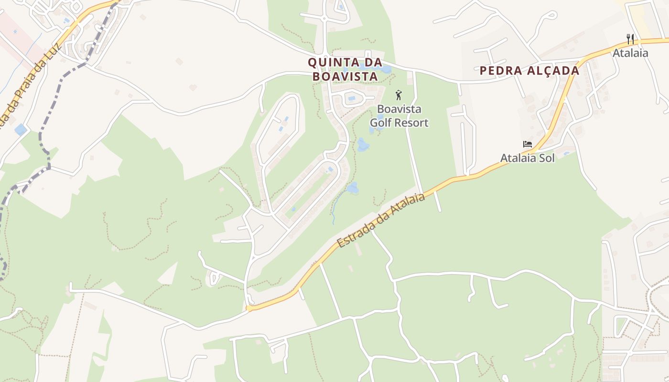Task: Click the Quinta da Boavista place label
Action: pos(345,69)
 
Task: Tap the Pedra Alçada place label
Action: pos(529,71)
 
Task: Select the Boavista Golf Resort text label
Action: pos(399,116)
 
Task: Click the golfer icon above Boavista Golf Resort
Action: pos(399,95)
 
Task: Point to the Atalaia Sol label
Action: pos(528,158)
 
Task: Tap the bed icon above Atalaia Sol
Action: pos(528,144)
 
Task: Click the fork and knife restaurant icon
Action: pos(630,39)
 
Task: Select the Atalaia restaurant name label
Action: pos(630,53)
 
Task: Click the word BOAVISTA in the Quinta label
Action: pos(345,76)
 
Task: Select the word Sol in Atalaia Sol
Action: pos(547,158)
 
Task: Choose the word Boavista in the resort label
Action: pos(399,109)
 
